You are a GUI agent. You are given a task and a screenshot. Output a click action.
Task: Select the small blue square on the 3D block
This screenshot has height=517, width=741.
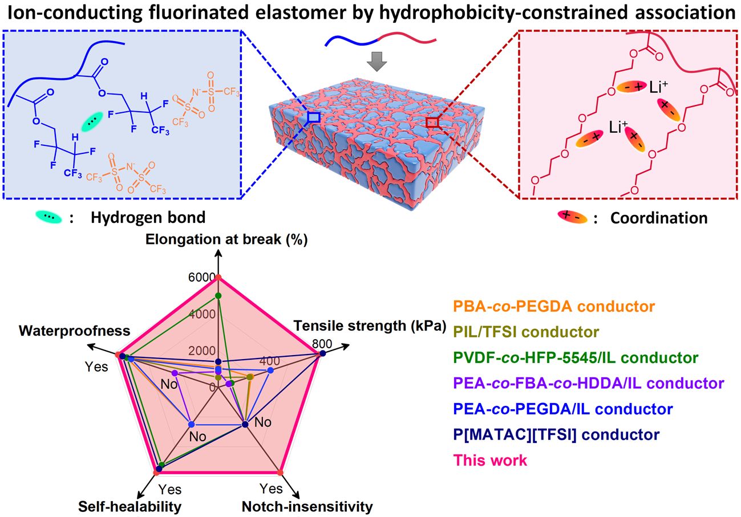click(313, 117)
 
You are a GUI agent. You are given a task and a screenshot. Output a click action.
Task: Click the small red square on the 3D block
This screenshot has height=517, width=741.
click(432, 122)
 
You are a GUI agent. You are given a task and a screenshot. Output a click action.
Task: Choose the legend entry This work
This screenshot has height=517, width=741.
click(490, 460)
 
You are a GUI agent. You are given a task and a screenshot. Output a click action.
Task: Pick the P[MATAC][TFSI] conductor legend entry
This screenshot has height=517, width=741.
click(556, 434)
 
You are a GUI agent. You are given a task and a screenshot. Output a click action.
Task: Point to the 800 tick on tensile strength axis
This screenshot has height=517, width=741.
click(321, 344)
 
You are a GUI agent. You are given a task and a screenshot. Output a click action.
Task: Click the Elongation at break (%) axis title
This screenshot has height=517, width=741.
click(226, 239)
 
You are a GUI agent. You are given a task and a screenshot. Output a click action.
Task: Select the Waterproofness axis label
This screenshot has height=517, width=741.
click(74, 331)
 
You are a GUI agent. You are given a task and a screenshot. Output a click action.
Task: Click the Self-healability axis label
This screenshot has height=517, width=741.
click(130, 506)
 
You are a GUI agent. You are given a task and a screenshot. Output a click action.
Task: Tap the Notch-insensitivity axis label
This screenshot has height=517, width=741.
click(307, 506)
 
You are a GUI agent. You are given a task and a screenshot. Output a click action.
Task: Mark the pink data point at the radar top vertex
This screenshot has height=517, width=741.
click(218, 278)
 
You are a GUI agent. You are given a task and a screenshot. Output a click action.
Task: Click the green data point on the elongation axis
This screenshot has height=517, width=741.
click(218, 295)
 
